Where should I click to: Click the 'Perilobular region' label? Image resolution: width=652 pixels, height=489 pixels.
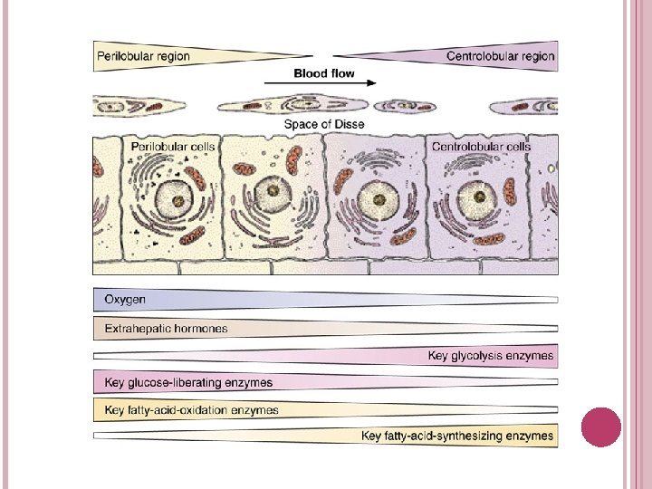143,56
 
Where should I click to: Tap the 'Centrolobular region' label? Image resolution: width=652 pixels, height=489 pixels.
500,56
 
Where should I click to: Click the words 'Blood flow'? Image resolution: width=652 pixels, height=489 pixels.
323,72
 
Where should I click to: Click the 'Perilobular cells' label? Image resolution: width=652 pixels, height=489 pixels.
173,146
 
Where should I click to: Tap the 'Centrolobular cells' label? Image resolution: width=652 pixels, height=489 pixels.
481,146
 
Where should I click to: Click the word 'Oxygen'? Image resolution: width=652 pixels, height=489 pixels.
125,299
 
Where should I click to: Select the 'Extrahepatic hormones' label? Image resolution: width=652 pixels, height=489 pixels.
166,328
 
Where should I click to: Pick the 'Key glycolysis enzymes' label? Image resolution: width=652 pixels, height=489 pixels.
490,356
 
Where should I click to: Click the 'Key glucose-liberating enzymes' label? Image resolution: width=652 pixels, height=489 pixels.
188,382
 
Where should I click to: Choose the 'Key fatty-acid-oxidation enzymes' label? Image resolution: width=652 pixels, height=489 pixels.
192,409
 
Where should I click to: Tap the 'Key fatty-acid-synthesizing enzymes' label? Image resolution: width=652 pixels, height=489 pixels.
457,436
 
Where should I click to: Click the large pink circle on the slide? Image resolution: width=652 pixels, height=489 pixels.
601,427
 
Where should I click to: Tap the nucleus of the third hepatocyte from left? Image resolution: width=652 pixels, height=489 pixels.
373,198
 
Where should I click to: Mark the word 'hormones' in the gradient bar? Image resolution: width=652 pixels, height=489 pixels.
200,328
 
